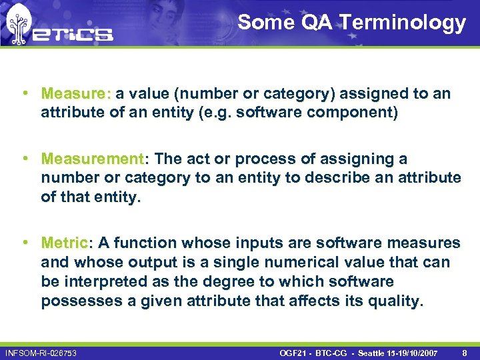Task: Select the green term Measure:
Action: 78,93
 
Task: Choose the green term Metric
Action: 64,243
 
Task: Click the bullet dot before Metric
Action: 24,243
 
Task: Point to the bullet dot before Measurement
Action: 24,159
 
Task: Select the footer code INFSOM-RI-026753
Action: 41,353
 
